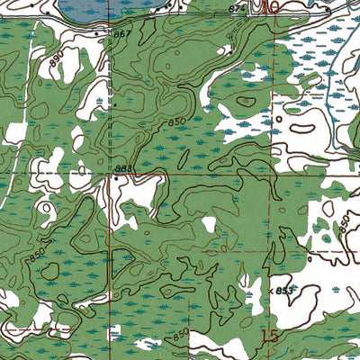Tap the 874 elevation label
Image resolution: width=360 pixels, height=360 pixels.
click(236, 8)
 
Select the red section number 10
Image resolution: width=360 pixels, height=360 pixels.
click(267, 7)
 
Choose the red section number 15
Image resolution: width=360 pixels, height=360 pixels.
click(269, 336)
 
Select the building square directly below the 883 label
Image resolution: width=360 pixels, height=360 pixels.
click(116, 178)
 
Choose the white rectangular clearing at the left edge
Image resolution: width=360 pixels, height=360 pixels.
click(15, 133)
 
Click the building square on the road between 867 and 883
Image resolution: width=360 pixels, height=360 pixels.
click(114, 103)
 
